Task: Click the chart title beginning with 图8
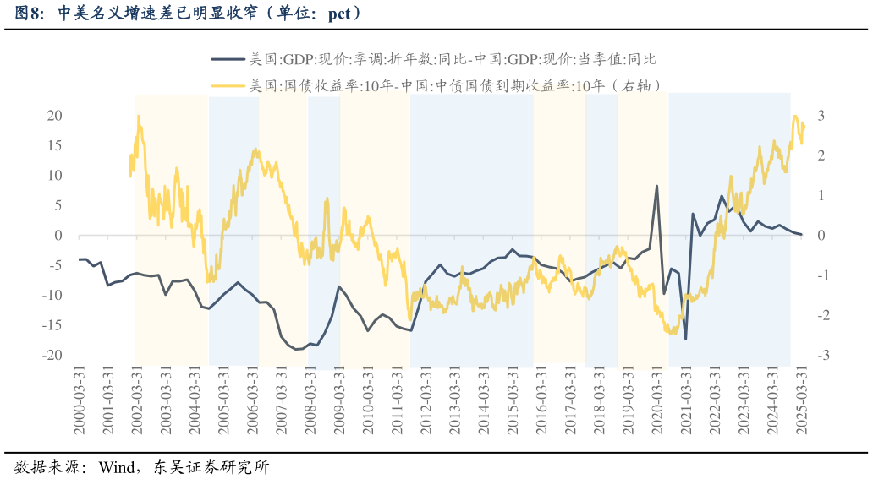[190, 13]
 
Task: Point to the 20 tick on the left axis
[55, 116]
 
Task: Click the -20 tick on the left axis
[53, 356]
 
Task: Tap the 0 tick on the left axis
[58, 236]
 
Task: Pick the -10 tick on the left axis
[53, 296]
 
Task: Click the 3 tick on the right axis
[821, 116]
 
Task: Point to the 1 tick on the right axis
[821, 195]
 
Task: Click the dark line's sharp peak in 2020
[656, 186]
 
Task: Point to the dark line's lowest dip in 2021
[685, 339]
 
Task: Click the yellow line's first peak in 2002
[138, 117]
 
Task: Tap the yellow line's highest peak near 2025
[795, 117]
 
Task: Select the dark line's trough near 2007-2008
[296, 349]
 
